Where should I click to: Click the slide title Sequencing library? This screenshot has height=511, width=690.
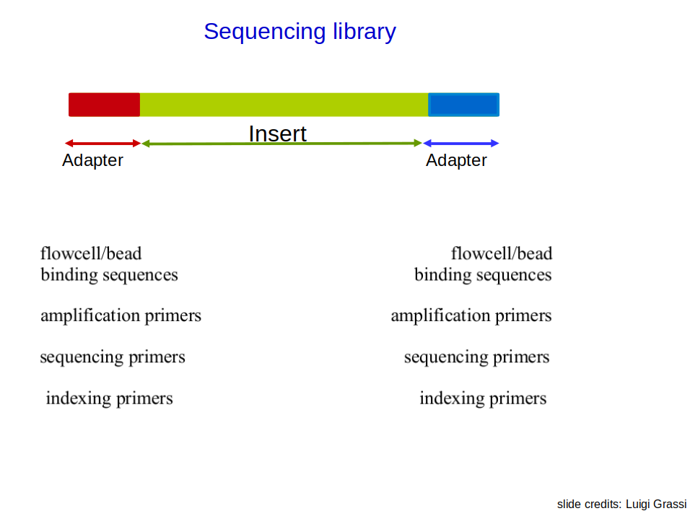300,32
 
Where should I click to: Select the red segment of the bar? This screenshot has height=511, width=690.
104,105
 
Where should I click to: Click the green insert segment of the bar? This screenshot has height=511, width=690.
284,105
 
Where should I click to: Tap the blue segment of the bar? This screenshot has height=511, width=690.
464,105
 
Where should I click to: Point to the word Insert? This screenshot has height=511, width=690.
277,134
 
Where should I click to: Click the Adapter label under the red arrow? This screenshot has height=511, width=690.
92,161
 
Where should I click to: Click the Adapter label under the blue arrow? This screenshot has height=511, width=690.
456,161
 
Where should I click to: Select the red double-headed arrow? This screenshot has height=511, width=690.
102,143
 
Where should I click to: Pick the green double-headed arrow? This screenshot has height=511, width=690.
281,143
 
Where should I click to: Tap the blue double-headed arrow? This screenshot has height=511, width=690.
460,143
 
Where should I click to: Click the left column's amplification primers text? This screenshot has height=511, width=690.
121,315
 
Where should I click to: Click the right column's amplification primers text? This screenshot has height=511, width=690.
471,315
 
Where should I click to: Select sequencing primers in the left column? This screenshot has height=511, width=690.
113,357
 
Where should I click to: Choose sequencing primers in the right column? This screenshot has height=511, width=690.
476,357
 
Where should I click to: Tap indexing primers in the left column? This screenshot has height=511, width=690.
109,398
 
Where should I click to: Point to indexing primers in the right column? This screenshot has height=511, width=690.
483,398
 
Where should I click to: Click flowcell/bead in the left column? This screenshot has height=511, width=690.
91,254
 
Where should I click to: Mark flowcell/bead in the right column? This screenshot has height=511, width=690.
502,254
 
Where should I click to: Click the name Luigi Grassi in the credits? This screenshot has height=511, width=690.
656,504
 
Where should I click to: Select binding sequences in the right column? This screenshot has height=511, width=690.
483,275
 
